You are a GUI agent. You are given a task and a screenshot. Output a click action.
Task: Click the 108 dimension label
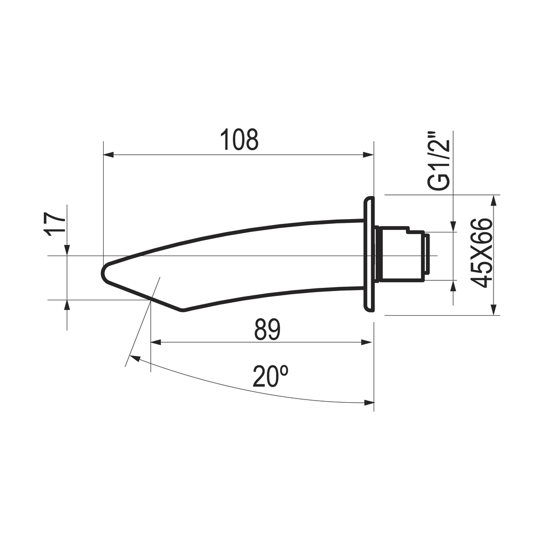pyautogui.click(x=239, y=140)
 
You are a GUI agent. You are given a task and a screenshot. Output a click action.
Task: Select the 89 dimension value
pyautogui.click(x=267, y=330)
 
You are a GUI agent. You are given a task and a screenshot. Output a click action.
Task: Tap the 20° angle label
pyautogui.click(x=270, y=376)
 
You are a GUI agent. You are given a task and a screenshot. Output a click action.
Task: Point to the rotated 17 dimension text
pyautogui.click(x=55, y=224)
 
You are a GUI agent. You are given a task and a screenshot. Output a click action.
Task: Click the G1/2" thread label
pyautogui.click(x=438, y=160)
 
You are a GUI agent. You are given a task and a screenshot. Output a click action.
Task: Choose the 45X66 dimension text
pyautogui.click(x=482, y=253)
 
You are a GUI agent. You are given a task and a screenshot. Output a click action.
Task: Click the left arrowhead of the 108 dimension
pyautogui.click(x=108, y=155)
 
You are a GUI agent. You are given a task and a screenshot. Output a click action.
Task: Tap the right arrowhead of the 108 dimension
pyautogui.click(x=368, y=155)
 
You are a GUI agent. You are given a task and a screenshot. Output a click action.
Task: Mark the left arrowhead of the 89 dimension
pyautogui.click(x=156, y=342)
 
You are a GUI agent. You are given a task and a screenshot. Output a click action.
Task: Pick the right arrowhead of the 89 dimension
pyautogui.click(x=367, y=342)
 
